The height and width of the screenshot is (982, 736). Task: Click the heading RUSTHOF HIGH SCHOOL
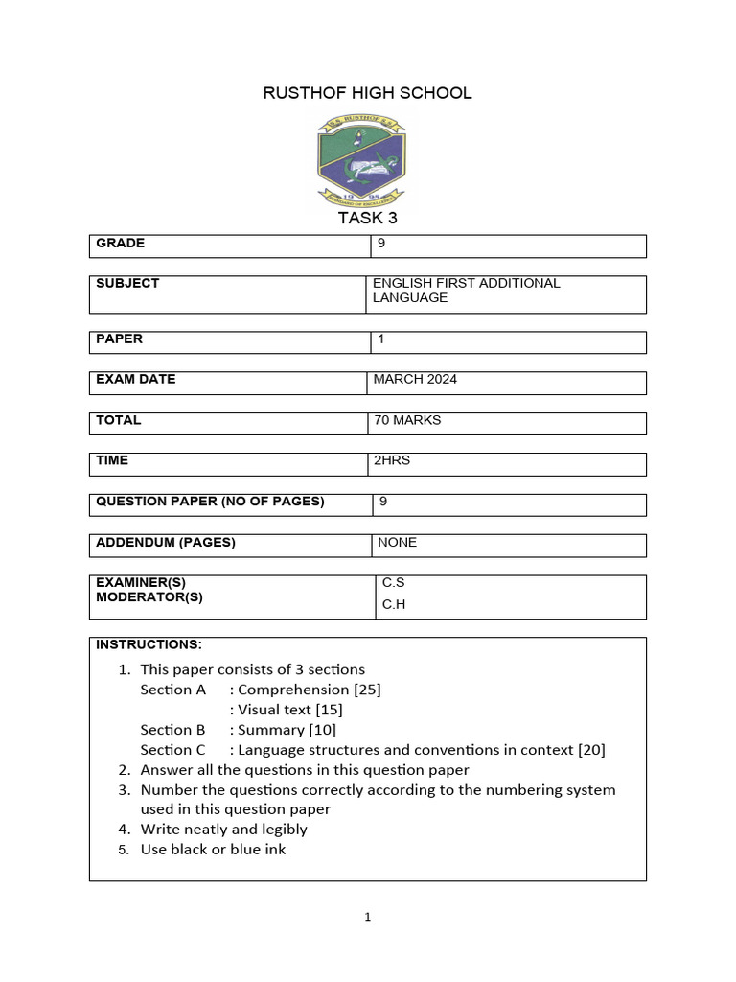pyautogui.click(x=367, y=93)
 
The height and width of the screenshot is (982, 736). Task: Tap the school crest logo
pyautogui.click(x=361, y=159)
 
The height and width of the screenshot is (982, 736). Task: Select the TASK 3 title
pyautogui.click(x=367, y=218)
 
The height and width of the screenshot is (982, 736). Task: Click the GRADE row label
pyautogui.click(x=121, y=244)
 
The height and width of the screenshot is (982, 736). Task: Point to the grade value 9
pyautogui.click(x=381, y=244)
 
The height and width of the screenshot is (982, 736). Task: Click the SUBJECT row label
pyautogui.click(x=127, y=284)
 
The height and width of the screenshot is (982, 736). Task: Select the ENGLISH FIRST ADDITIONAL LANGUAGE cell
pyautogui.click(x=466, y=291)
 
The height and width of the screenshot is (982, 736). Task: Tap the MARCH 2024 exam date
pyautogui.click(x=415, y=380)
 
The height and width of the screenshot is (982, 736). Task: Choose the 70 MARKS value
pyautogui.click(x=407, y=420)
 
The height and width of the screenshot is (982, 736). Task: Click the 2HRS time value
pyautogui.click(x=392, y=461)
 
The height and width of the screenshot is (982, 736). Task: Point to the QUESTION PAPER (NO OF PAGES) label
pyautogui.click(x=210, y=502)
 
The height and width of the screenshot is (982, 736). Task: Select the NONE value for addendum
pyautogui.click(x=397, y=543)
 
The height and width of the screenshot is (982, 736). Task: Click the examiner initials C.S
pyautogui.click(x=394, y=583)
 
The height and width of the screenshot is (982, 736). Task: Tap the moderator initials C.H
pyautogui.click(x=394, y=605)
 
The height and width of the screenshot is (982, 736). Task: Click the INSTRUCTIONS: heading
pyautogui.click(x=149, y=643)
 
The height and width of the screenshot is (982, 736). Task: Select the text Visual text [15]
pyautogui.click(x=290, y=711)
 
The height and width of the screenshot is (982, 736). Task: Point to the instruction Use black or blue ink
pyautogui.click(x=213, y=850)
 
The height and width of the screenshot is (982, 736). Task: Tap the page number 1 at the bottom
pyautogui.click(x=367, y=918)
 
